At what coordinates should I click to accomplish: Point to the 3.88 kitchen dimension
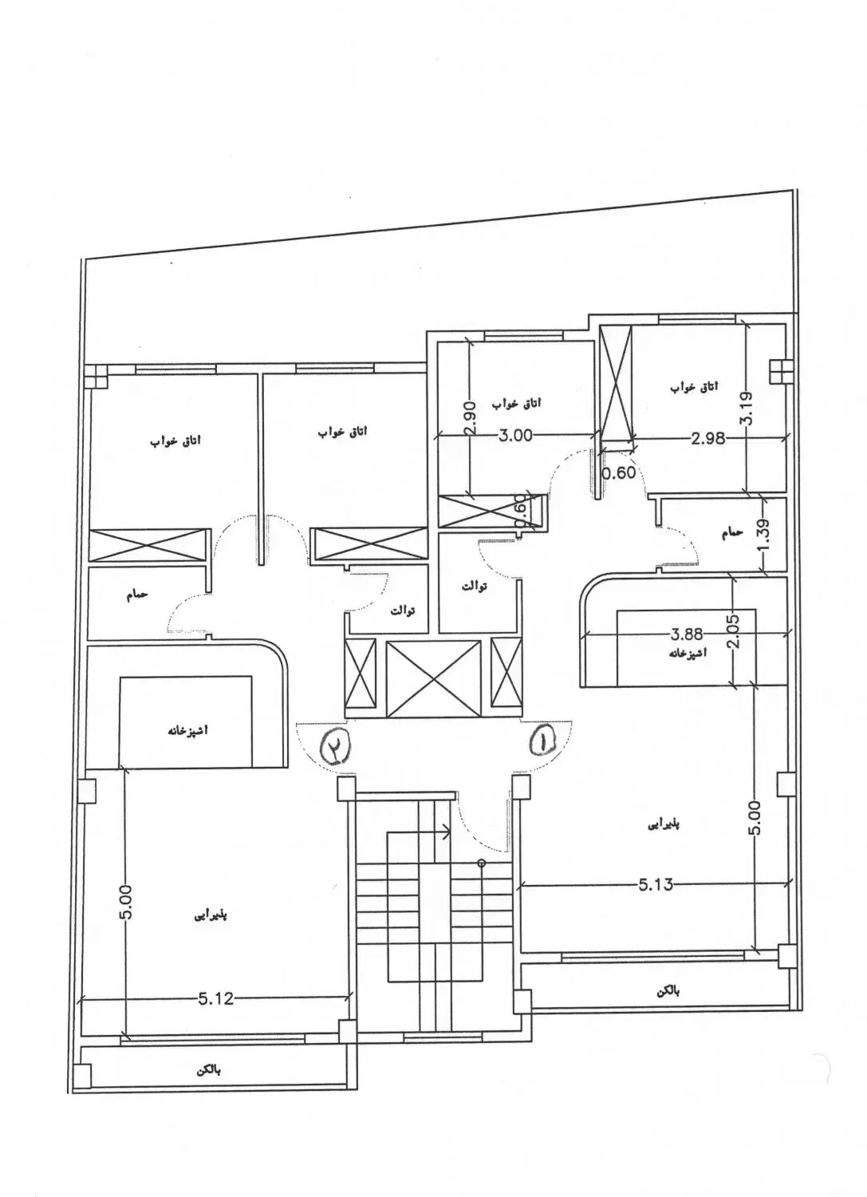click(x=687, y=634)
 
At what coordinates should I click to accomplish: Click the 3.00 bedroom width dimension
click(x=515, y=436)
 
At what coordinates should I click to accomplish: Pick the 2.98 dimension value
click(x=707, y=438)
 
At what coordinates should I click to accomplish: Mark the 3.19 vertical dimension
click(x=747, y=408)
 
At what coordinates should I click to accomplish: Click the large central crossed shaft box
click(x=433, y=678)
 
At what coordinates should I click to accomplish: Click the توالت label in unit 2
click(x=402, y=610)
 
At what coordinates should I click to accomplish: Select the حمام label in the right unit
click(x=731, y=533)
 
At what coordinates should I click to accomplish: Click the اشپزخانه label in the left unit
click(x=185, y=729)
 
